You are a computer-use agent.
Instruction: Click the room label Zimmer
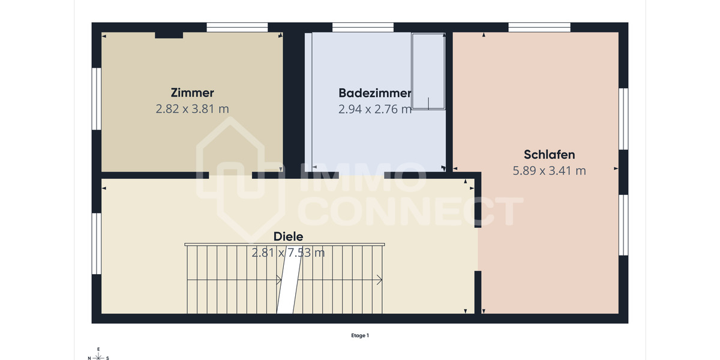coord(192,93)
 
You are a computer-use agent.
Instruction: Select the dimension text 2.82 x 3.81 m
coord(192,109)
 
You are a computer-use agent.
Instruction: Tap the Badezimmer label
coord(375,93)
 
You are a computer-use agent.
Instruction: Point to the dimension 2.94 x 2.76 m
coord(375,109)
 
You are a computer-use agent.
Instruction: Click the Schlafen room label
coord(549,155)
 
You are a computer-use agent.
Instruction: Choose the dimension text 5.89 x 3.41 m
coord(549,170)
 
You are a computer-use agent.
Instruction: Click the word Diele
coord(288,236)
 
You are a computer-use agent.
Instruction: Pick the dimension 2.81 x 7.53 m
coord(288,253)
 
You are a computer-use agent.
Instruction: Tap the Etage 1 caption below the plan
coord(360,335)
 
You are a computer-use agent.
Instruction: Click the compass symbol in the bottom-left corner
coord(98,355)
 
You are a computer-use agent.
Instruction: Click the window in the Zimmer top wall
coord(237,27)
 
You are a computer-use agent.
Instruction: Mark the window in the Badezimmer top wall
coord(362,27)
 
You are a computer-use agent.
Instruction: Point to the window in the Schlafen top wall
coord(539,27)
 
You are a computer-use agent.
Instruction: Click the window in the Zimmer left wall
coord(96,98)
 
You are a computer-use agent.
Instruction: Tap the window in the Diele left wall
coord(96,243)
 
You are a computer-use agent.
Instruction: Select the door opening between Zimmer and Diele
coord(230,175)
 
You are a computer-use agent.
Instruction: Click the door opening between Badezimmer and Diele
coord(361,175)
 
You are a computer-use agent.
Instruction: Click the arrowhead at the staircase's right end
coord(380,279)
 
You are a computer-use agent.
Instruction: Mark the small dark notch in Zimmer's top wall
coord(169,35)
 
